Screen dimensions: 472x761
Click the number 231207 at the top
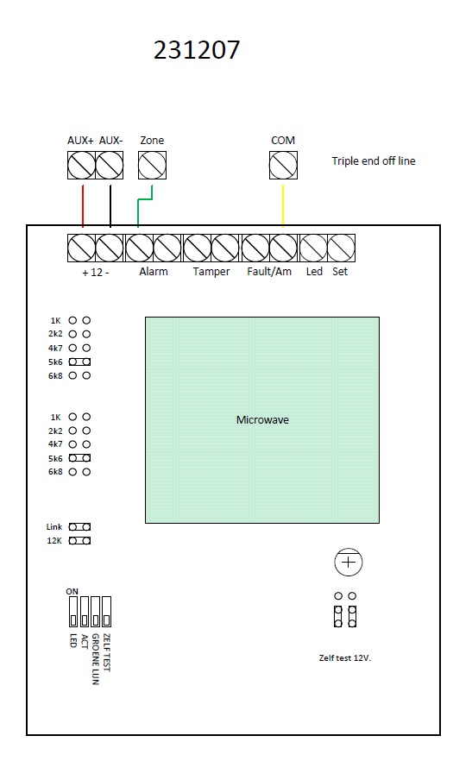tap(197, 50)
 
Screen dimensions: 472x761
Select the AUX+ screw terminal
tap(82, 165)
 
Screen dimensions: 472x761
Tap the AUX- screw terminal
tap(110, 165)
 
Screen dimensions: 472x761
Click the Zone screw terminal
tap(152, 165)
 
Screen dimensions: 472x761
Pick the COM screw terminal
tap(283, 165)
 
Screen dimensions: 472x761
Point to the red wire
tap(83, 205)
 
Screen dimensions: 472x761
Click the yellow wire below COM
tap(283, 205)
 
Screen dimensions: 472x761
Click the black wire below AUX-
tap(110, 205)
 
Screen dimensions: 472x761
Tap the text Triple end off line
tap(374, 161)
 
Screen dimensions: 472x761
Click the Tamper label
tap(211, 271)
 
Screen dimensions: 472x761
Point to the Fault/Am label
tap(269, 271)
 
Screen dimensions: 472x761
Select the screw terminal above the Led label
tap(314, 248)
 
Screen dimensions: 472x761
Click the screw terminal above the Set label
tap(342, 248)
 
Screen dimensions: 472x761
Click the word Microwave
tap(262, 420)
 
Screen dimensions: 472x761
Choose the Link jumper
tap(79, 526)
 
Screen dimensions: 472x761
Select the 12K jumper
tap(79, 541)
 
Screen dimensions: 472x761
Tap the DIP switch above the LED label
tap(73, 612)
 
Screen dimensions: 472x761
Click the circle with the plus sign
tap(348, 562)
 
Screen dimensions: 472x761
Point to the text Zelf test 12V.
tap(345, 658)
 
